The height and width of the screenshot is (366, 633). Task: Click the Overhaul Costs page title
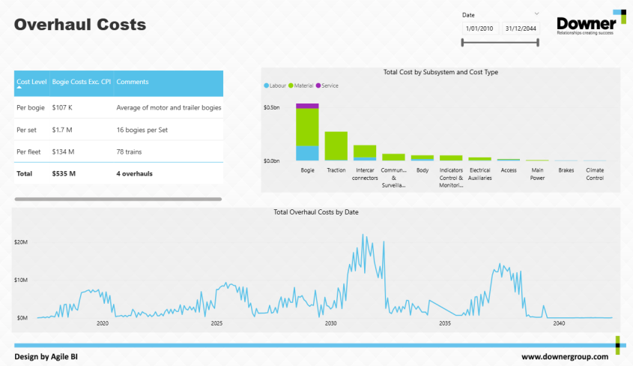[x=80, y=25]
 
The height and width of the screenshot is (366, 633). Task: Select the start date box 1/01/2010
[x=479, y=28]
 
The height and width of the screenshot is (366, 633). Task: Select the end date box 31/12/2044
[x=521, y=28]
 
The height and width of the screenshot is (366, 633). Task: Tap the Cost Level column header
[x=31, y=82]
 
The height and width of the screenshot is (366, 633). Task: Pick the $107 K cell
[x=62, y=107]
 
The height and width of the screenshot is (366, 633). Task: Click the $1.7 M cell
[x=63, y=130]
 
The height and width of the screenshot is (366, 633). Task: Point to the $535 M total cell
[x=64, y=174]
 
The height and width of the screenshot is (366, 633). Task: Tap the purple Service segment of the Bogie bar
[x=307, y=106]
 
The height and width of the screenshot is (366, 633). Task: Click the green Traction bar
[x=336, y=146]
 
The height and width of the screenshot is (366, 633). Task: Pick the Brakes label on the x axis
[x=566, y=170]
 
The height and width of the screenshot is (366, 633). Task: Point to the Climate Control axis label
[x=595, y=174]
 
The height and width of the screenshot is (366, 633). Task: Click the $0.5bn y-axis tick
[x=271, y=108]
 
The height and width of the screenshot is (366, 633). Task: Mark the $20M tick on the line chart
[x=21, y=242]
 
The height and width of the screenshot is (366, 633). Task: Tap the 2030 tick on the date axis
[x=330, y=324]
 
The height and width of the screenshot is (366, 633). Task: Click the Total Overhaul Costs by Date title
[x=316, y=212]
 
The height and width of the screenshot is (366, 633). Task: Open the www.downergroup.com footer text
[x=565, y=357]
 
